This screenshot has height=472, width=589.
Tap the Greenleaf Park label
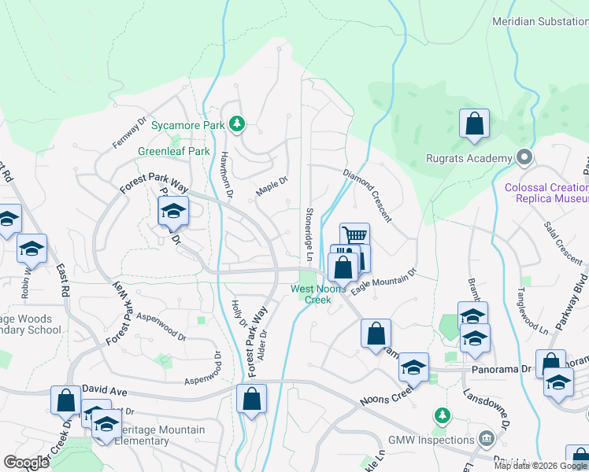point(174,151)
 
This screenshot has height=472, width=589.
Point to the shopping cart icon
point(355,235)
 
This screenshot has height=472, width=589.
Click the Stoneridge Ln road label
point(309,234)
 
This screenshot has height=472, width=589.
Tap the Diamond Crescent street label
point(367,194)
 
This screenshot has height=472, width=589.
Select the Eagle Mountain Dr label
point(383,282)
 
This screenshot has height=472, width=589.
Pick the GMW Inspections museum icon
point(486,437)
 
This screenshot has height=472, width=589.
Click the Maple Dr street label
point(269,186)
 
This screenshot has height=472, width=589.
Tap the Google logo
point(26,463)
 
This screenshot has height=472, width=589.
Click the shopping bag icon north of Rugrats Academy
point(474,124)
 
